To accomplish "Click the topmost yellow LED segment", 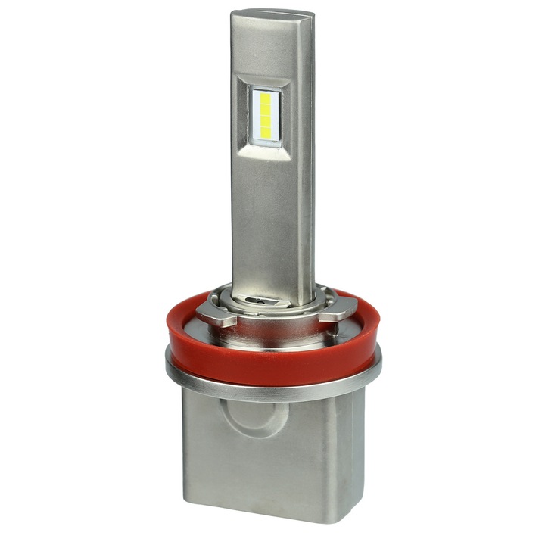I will (266, 98).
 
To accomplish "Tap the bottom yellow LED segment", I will (266, 133).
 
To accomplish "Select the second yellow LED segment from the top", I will (266, 110).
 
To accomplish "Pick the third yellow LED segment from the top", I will (266, 122).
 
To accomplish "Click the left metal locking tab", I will (214, 309).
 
